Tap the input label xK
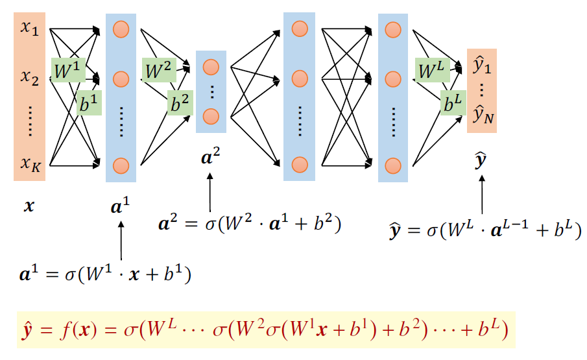[x=30, y=164]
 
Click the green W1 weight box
[x=68, y=71]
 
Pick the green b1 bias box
[x=89, y=102]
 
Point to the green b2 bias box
[x=180, y=102]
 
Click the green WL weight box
[x=433, y=70]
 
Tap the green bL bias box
[x=453, y=102]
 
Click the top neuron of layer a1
[x=120, y=29]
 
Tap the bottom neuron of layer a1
[x=120, y=164]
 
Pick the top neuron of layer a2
[x=210, y=67]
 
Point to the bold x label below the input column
[x=29, y=206]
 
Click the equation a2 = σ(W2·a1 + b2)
[x=250, y=224]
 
